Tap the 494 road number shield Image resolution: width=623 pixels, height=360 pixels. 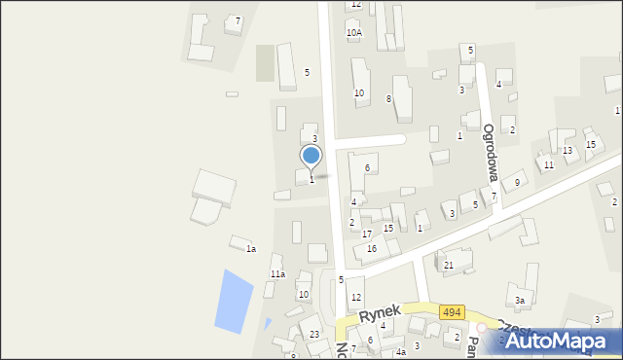tap(451, 312)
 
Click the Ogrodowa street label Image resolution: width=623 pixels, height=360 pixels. tap(491, 153)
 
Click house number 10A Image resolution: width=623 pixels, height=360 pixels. tap(353, 32)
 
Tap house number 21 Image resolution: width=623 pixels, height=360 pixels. tap(449, 265)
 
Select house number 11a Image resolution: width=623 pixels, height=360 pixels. tap(277, 274)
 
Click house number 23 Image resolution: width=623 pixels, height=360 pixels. tap(314, 335)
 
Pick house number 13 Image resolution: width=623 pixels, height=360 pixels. tap(568, 150)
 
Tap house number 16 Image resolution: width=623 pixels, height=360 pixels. tap(371, 249)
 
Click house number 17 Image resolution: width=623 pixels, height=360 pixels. tap(367, 234)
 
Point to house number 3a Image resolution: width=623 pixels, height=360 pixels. tap(521, 301)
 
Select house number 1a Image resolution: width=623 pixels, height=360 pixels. tap(250, 250)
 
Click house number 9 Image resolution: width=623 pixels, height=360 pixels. tap(518, 183)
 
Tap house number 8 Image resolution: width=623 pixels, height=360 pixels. tap(388, 98)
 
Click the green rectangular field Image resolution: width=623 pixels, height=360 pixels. tap(265, 63)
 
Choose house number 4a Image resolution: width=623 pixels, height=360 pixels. tap(400, 351)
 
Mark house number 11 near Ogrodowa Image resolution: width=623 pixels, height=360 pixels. tap(549, 165)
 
